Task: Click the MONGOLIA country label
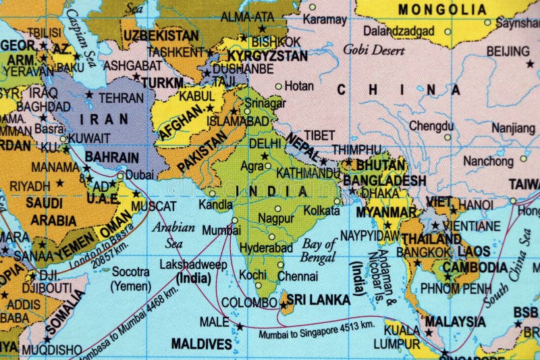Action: (x=441, y=9)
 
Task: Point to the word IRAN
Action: (x=104, y=119)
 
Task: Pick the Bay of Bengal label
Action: (x=319, y=250)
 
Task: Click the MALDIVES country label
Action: (x=201, y=344)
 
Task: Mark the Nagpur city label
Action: (x=276, y=218)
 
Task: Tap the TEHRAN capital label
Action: (x=121, y=98)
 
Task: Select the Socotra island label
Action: (x=130, y=278)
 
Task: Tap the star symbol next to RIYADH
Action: (x=59, y=183)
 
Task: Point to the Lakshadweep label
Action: (x=192, y=265)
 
